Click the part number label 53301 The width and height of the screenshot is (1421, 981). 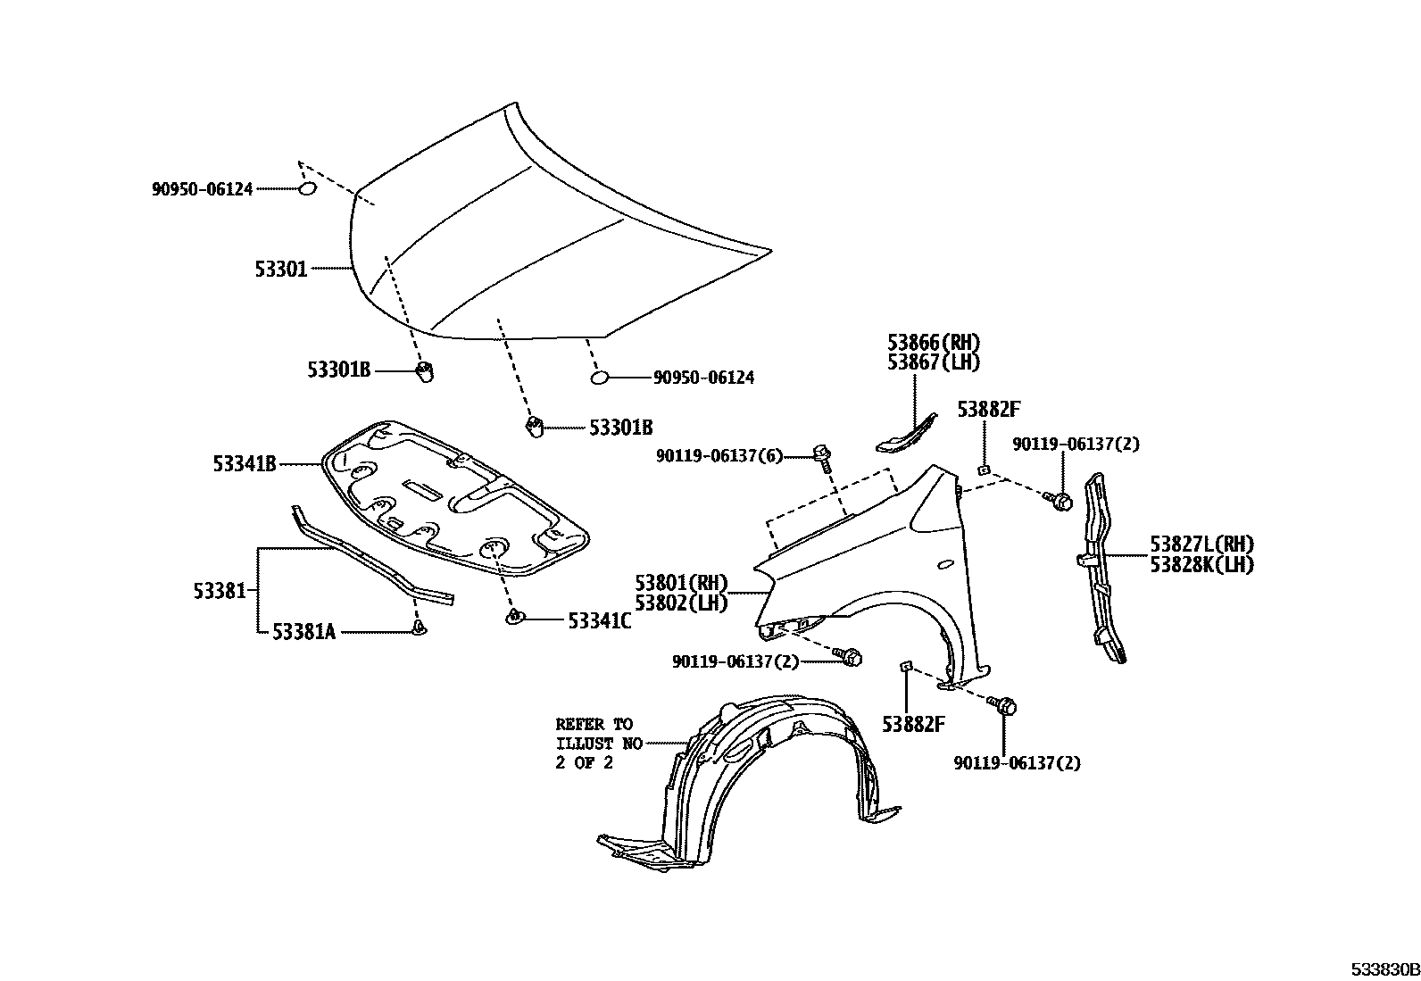pyautogui.click(x=281, y=268)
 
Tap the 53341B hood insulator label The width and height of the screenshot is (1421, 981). pyautogui.click(x=244, y=463)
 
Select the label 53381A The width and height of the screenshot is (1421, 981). pyautogui.click(x=303, y=632)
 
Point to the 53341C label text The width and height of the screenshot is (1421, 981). pyautogui.click(x=599, y=620)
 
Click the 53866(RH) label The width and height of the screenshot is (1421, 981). pyautogui.click(x=934, y=342)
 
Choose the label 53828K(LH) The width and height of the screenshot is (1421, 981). pyautogui.click(x=1201, y=564)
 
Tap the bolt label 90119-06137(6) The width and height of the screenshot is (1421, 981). pyautogui.click(x=719, y=456)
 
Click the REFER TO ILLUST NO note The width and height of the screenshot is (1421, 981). pyautogui.click(x=594, y=744)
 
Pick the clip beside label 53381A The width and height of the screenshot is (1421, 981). pyautogui.click(x=419, y=630)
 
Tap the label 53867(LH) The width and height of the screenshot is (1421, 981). pyautogui.click(x=934, y=362)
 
